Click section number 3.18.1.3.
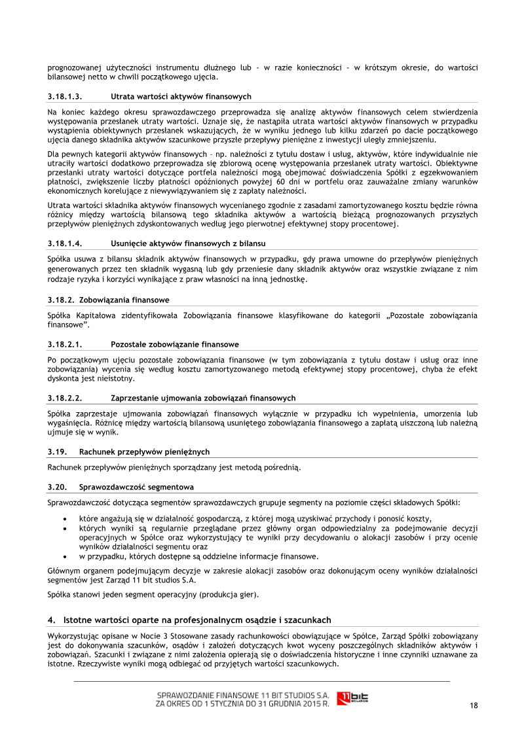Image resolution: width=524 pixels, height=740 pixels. click(64, 96)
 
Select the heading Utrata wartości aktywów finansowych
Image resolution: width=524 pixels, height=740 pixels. click(181, 96)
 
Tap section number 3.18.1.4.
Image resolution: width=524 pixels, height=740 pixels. click(64, 243)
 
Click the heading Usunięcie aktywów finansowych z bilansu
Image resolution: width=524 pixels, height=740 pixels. click(188, 243)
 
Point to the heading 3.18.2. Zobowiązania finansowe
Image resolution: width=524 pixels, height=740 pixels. click(109, 300)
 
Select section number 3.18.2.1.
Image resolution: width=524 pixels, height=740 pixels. click(64, 344)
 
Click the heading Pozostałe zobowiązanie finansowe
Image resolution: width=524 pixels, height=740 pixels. click(175, 344)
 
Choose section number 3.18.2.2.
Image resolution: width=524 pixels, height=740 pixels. click(64, 398)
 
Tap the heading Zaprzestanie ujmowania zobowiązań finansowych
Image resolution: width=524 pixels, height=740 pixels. click(203, 398)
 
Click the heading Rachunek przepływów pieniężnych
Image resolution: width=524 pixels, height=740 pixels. click(144, 451)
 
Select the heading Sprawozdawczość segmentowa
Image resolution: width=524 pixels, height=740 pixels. click(136, 487)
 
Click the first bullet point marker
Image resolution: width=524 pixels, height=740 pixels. click(64, 518)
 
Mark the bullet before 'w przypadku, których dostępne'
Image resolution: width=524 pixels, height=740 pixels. click(64, 557)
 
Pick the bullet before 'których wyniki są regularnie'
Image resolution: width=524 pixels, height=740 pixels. click(64, 528)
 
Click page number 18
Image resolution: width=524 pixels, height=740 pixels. click(473, 705)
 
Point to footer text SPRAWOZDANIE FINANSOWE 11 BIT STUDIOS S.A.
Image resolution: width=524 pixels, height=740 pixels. click(243, 694)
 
